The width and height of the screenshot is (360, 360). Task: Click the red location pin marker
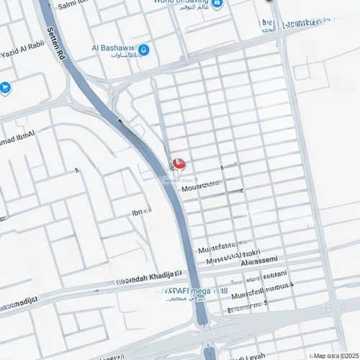179,163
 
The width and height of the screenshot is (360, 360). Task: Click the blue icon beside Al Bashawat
143,50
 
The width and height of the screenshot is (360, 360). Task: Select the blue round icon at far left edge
6,89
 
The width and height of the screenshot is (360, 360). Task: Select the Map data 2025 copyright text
335,355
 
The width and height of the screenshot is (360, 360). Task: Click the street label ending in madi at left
18,300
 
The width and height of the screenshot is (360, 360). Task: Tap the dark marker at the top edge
269,1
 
